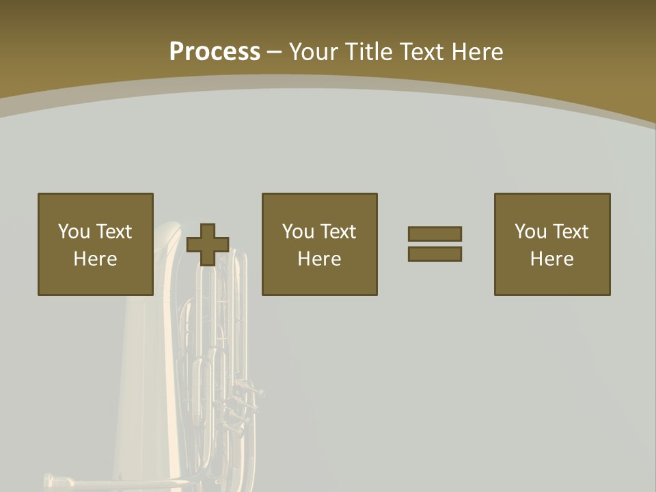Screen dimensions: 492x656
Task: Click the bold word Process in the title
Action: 215,52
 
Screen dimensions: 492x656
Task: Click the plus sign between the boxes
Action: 208,244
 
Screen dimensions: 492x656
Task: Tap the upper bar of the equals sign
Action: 435,234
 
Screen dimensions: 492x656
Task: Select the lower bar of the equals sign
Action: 435,254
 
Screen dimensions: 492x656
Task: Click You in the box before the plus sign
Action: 74,232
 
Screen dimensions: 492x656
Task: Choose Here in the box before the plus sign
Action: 95,259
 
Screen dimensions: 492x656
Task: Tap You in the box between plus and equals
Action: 298,232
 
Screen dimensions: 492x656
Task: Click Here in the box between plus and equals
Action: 319,259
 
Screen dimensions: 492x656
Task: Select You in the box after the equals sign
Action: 530,232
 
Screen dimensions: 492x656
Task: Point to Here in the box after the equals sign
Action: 551,259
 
